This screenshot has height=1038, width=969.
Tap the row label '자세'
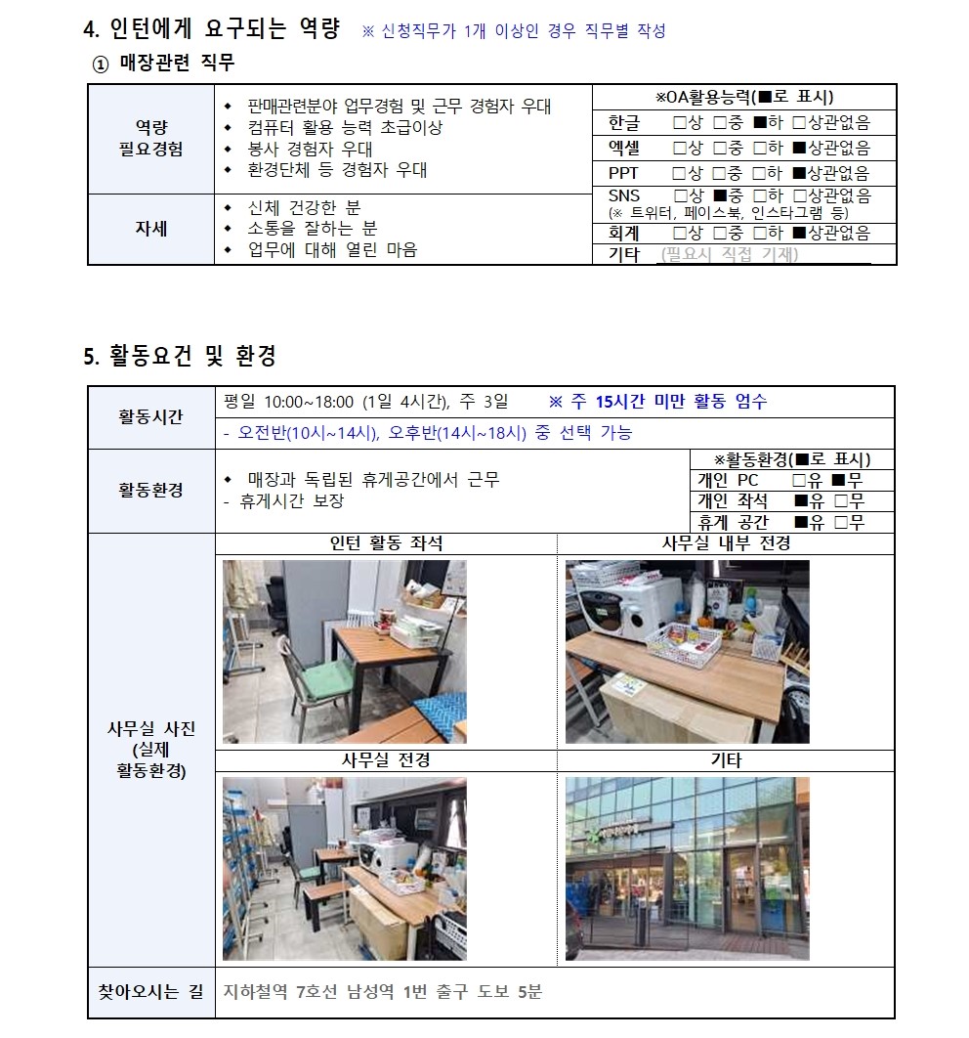coord(150,229)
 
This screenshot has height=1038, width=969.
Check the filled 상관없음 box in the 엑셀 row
coord(798,149)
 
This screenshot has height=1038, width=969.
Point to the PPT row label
coord(623,174)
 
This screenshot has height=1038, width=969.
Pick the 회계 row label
coord(623,234)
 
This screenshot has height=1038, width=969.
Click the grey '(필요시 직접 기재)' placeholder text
coord(729,255)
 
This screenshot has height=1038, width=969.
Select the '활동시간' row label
coord(150,417)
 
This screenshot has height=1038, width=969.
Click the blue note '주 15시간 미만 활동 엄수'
coord(665,401)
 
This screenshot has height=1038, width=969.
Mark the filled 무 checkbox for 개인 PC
coord(837,480)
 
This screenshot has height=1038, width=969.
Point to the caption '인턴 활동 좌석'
coord(386,544)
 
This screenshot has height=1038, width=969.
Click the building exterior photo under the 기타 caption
coord(687,868)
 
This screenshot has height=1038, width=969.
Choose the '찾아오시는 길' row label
coord(150,992)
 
